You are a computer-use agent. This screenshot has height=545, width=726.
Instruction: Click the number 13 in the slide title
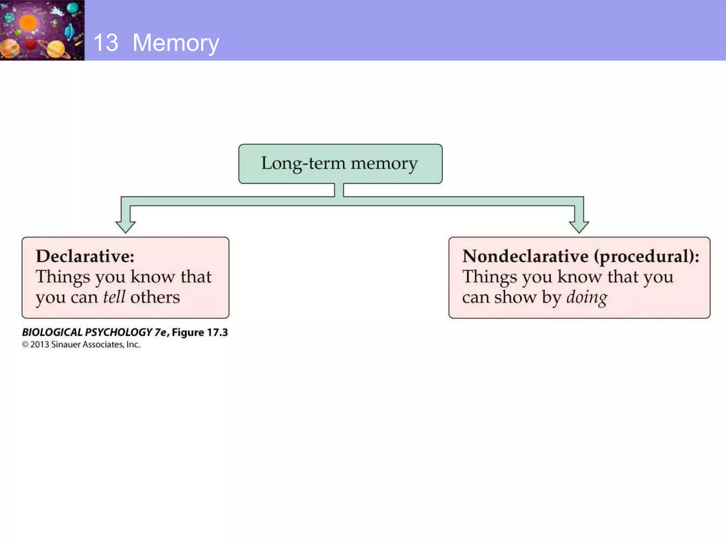pos(106,43)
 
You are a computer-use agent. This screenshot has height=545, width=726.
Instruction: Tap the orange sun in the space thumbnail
pos(28,23)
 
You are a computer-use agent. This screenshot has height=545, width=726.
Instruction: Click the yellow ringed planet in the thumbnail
pos(56,49)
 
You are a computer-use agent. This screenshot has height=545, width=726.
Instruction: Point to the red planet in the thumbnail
pos(31,44)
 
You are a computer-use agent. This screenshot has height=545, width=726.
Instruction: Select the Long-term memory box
pos(340,164)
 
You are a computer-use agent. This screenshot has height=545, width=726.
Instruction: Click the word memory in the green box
pos(384,164)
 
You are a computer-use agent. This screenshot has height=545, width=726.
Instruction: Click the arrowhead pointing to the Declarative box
pos(125,226)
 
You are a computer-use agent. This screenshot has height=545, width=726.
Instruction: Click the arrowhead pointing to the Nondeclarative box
pos(579,226)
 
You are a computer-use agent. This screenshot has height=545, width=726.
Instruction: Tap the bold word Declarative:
pos(85,256)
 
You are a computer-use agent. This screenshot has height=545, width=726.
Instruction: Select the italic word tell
pos(114,297)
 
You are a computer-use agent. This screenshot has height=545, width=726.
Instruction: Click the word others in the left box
pos(155,297)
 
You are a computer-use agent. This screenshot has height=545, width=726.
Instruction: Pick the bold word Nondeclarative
pos(525,256)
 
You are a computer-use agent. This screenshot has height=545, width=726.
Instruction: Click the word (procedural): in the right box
pos(647,257)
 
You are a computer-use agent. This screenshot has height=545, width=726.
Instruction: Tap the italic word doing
pos(587,297)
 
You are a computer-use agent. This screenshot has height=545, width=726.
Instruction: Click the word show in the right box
pos(515,297)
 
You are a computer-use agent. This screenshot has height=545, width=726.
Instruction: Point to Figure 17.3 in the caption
pos(200,332)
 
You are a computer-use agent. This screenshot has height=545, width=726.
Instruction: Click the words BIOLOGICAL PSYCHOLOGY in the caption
pos(87,332)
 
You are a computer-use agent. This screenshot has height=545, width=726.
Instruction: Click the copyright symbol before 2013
pos(25,345)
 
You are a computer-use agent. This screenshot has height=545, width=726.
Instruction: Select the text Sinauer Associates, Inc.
pos(96,345)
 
